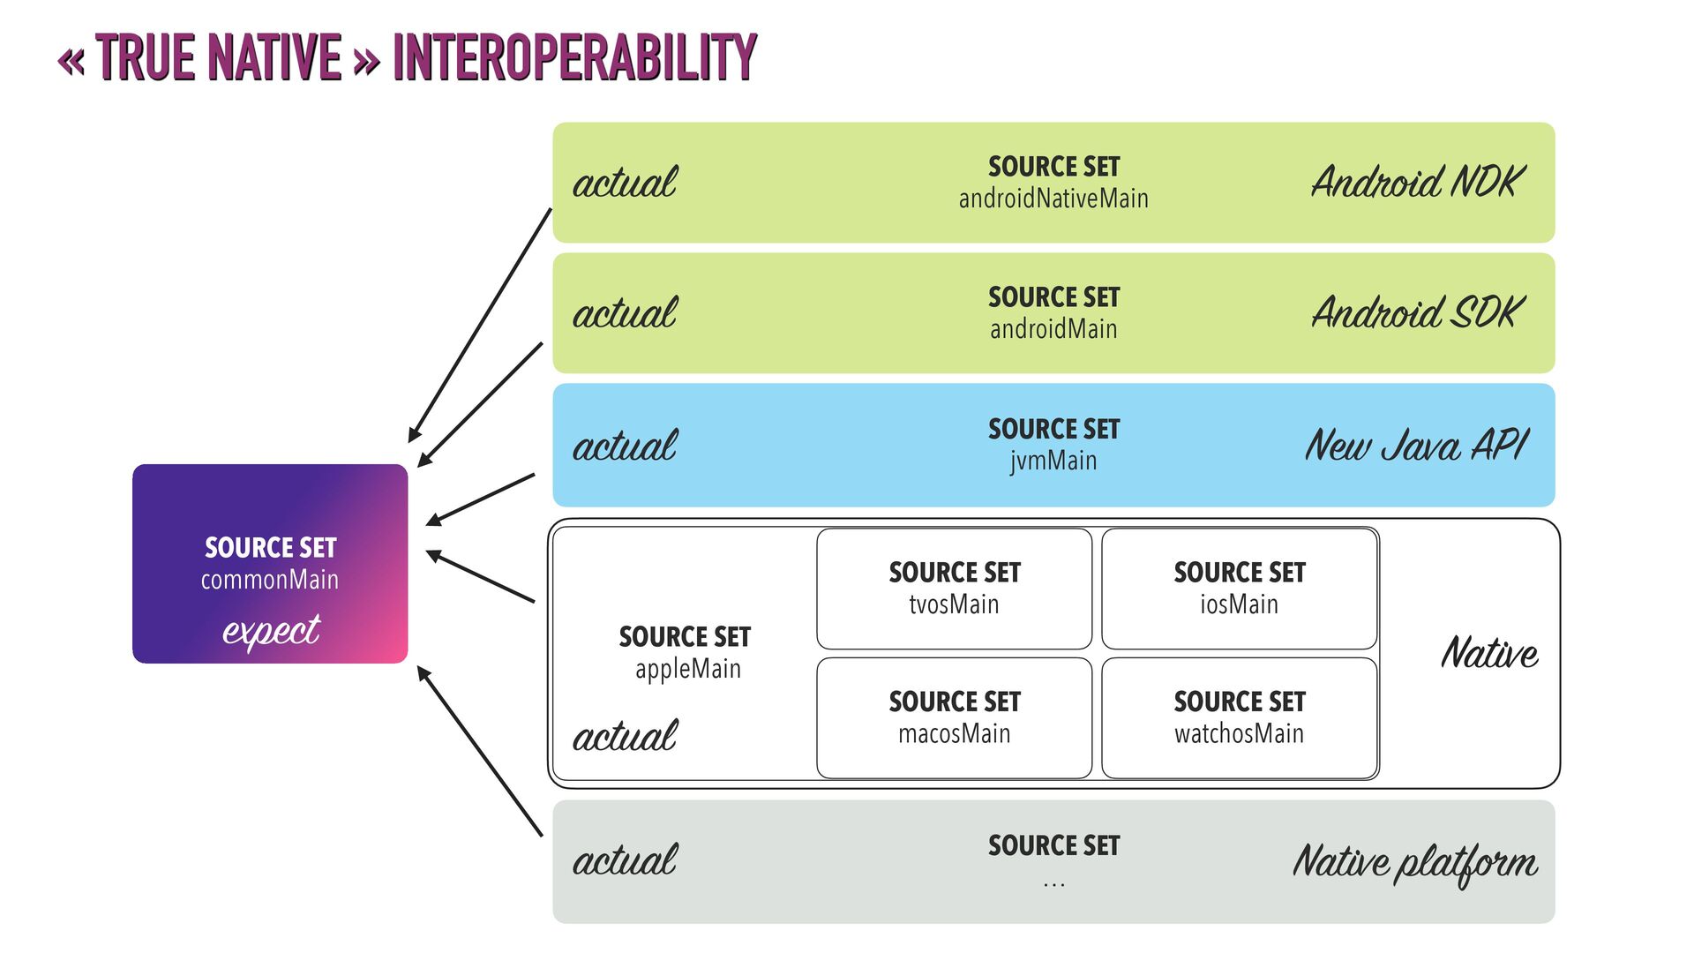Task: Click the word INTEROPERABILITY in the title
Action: point(574,58)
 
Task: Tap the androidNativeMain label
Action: point(1053,199)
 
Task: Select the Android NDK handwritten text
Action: point(1418,182)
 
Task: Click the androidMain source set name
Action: point(1053,329)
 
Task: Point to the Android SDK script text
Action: point(1418,312)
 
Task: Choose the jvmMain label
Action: point(1053,461)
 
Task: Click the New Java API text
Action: point(1417,445)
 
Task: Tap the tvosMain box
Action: point(954,589)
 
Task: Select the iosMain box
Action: point(1239,589)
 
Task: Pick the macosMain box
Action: point(954,717)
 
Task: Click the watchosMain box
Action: point(1239,717)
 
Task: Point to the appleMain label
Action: point(687,669)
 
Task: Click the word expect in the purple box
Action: point(271,631)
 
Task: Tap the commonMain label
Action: point(270,580)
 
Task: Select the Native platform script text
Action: point(1415,862)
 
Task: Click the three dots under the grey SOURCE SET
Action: point(1053,883)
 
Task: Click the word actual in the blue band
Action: point(625,446)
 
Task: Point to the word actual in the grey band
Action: point(625,860)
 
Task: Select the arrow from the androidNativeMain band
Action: point(480,325)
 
